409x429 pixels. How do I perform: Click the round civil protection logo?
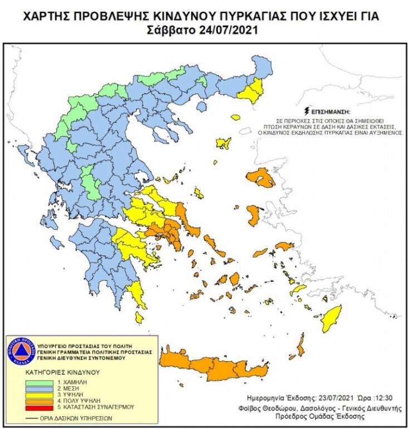(21, 351)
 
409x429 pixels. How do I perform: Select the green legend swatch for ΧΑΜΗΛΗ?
(41, 383)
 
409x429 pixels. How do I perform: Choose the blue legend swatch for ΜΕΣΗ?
(41, 389)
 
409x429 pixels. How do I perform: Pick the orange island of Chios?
(254, 215)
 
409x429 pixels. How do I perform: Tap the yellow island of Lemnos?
(224, 144)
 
